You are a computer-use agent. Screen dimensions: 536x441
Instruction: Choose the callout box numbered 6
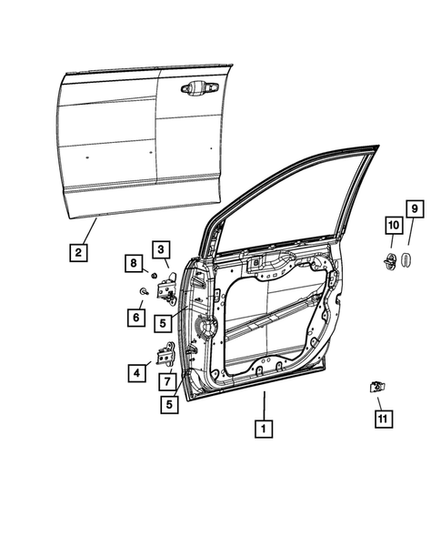pyautogui.click(x=137, y=318)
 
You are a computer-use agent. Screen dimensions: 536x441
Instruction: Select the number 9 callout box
pyautogui.click(x=412, y=211)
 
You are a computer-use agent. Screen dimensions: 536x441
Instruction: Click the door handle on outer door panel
pyautogui.click(x=198, y=89)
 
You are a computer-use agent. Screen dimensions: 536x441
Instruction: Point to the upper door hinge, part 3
pyautogui.click(x=168, y=290)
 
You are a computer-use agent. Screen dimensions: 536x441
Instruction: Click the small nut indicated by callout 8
pyautogui.click(x=155, y=275)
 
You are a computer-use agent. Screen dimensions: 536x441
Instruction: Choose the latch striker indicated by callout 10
pyautogui.click(x=391, y=261)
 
